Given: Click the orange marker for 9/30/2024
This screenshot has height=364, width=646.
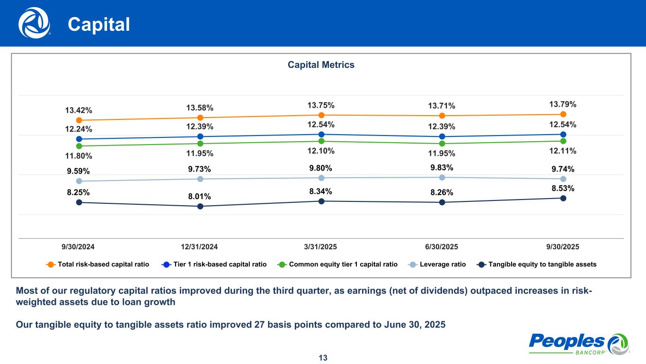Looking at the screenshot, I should point(79,120).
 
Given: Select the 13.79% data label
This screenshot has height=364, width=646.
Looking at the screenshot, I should point(563,104).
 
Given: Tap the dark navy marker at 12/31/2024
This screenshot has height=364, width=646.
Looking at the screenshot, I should point(200,206).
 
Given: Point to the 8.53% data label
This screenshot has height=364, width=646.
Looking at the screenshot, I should point(563,188).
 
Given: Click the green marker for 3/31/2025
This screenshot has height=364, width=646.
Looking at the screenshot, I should point(321,141).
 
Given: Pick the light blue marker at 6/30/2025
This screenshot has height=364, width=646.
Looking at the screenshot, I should point(442,177).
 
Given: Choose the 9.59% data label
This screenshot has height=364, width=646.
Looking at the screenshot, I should point(78,171).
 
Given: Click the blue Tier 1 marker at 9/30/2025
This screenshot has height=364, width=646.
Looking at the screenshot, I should point(563,135).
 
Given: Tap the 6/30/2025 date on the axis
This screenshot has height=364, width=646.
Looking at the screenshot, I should point(442,247).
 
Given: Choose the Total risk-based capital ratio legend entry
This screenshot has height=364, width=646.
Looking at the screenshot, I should point(97,264).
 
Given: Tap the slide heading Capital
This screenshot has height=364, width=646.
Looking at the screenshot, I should point(98,25).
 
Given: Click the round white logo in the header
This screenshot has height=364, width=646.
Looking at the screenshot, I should point(34,23).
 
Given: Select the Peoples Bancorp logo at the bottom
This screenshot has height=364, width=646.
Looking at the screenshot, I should point(578,343).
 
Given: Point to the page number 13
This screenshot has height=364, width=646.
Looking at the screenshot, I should point(323,358).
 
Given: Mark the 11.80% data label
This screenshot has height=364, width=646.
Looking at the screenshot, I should point(79,155).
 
